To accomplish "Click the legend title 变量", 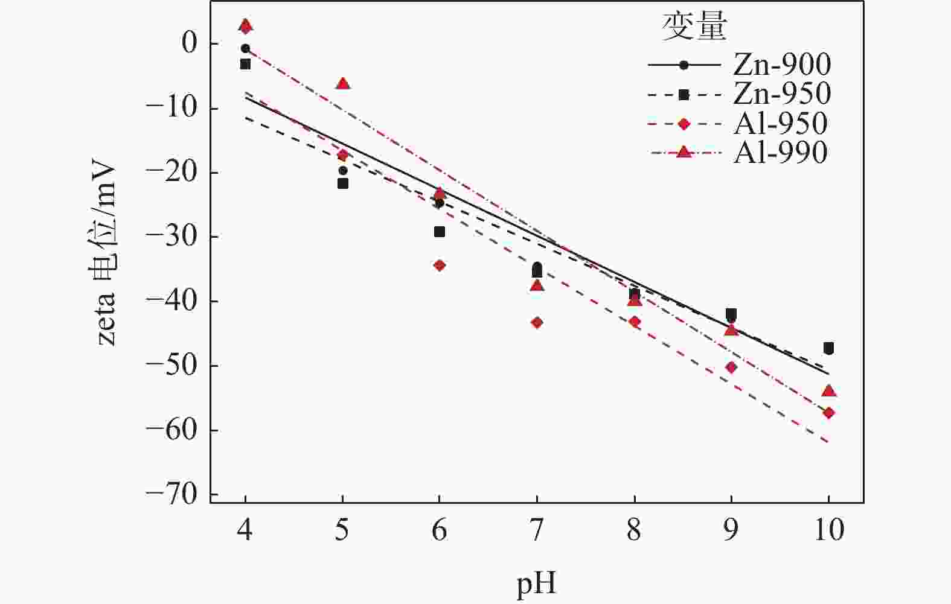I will click(x=694, y=28).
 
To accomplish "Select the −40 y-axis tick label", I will click(x=171, y=302).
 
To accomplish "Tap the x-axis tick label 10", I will click(x=828, y=531).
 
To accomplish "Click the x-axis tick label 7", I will click(x=537, y=531).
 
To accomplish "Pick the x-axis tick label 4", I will click(x=245, y=531).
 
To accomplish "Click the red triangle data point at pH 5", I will click(x=342, y=84).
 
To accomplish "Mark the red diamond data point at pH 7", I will click(x=537, y=323).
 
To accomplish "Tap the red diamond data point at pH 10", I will click(x=828, y=413).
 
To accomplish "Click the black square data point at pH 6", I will click(x=440, y=232).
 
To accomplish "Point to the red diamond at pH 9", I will click(x=731, y=367).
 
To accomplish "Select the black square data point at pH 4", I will click(x=245, y=64).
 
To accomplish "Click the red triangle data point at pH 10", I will click(x=828, y=391).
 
